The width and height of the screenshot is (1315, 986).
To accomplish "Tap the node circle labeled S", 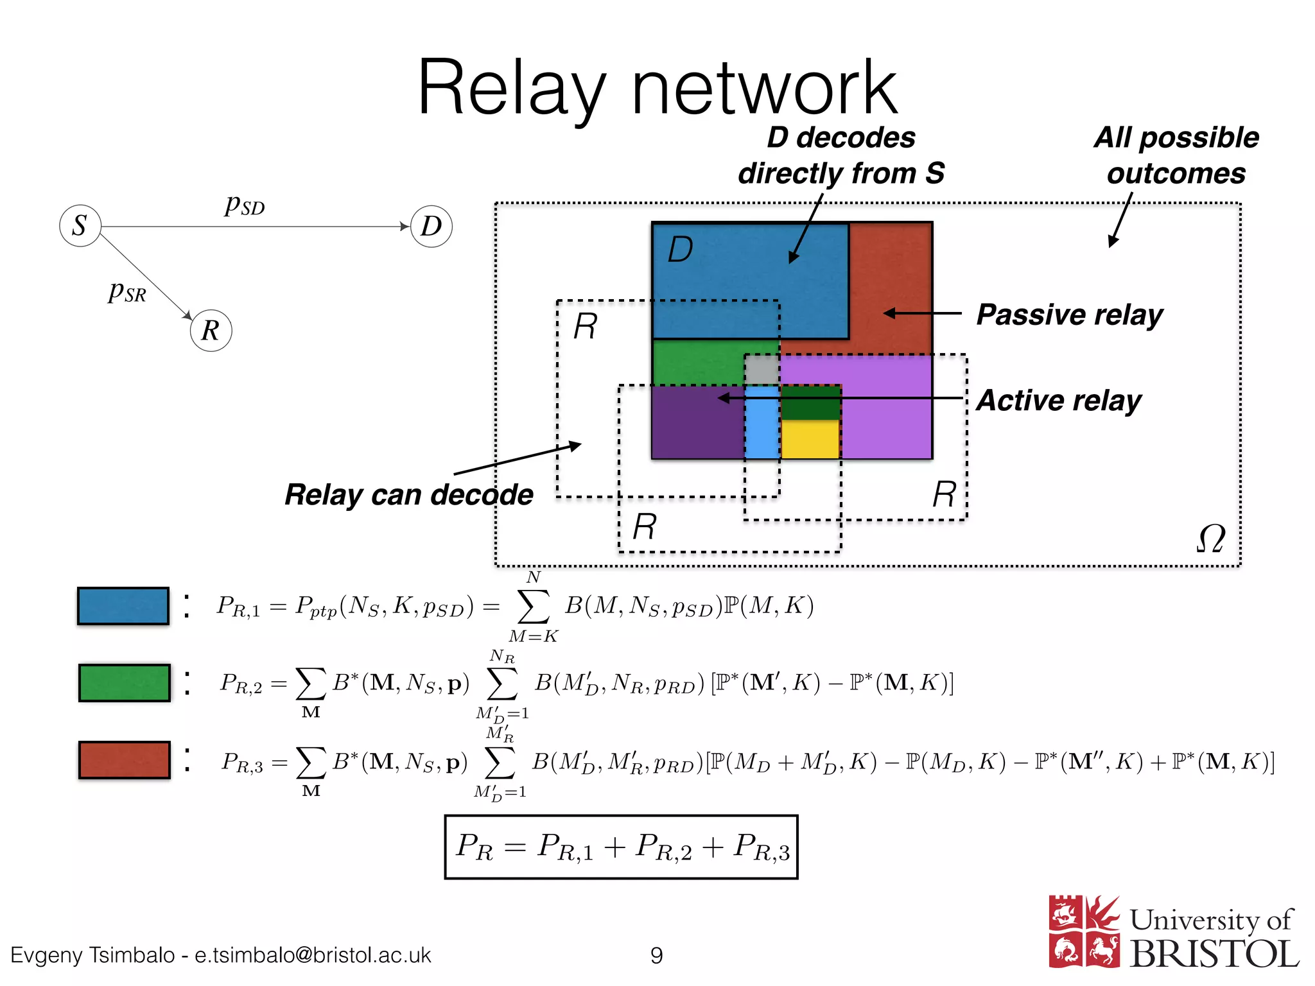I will (x=80, y=226).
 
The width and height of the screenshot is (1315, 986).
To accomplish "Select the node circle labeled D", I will (x=431, y=226).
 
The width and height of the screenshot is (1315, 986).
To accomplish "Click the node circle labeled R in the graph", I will (x=211, y=331).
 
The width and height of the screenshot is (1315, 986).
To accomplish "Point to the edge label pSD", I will (x=245, y=205).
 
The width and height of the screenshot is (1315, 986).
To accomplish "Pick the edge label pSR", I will (x=127, y=291).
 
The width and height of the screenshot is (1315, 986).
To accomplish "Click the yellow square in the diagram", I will (x=810, y=439).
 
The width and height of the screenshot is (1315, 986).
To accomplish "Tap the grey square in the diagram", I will (x=762, y=370).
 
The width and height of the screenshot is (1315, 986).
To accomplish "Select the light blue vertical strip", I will (x=762, y=422).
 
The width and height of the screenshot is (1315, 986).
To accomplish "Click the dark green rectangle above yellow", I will (x=810, y=402).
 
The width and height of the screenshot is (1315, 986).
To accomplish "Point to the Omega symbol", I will (x=1210, y=539).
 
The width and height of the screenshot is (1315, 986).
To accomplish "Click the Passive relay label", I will (x=1069, y=315).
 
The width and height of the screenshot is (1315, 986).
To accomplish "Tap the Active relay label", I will (x=1058, y=401).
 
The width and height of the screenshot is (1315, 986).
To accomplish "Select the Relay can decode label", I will (x=408, y=495).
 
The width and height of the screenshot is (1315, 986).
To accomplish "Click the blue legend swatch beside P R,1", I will (x=123, y=606).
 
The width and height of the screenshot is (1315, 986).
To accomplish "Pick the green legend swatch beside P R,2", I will (x=124, y=683).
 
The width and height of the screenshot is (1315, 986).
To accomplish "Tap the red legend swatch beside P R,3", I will (x=124, y=760).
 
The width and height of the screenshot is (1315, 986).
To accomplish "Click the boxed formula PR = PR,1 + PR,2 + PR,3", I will (x=621, y=847).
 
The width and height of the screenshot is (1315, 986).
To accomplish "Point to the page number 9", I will (x=656, y=955).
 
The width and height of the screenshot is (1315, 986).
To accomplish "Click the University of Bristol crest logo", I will (x=1084, y=931).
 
